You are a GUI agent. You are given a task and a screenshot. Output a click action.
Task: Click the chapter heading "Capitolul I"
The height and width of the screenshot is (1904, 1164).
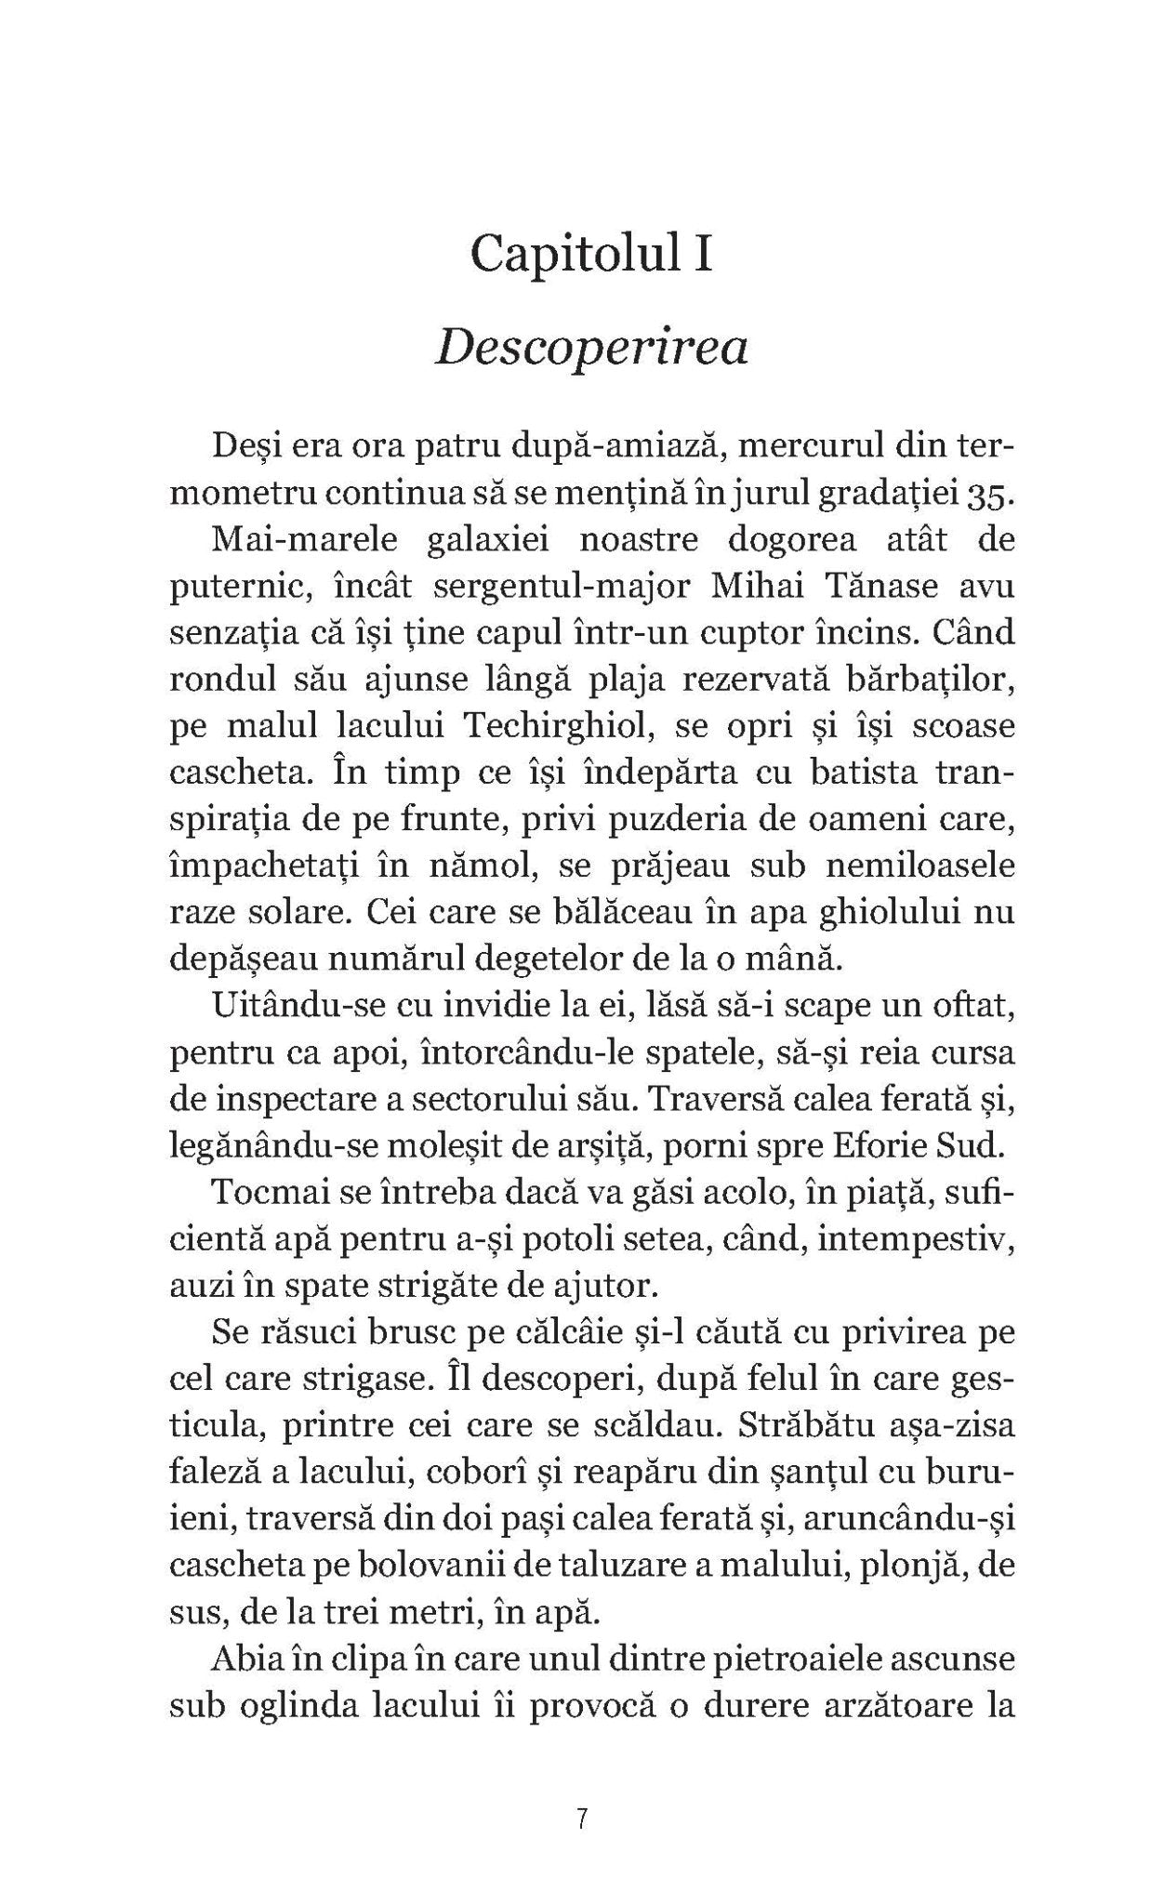click(591, 253)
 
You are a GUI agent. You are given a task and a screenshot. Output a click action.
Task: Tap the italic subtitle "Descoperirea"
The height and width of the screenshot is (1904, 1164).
click(591, 350)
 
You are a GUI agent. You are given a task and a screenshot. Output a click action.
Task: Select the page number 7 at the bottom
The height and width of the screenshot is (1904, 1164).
click(582, 1818)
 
